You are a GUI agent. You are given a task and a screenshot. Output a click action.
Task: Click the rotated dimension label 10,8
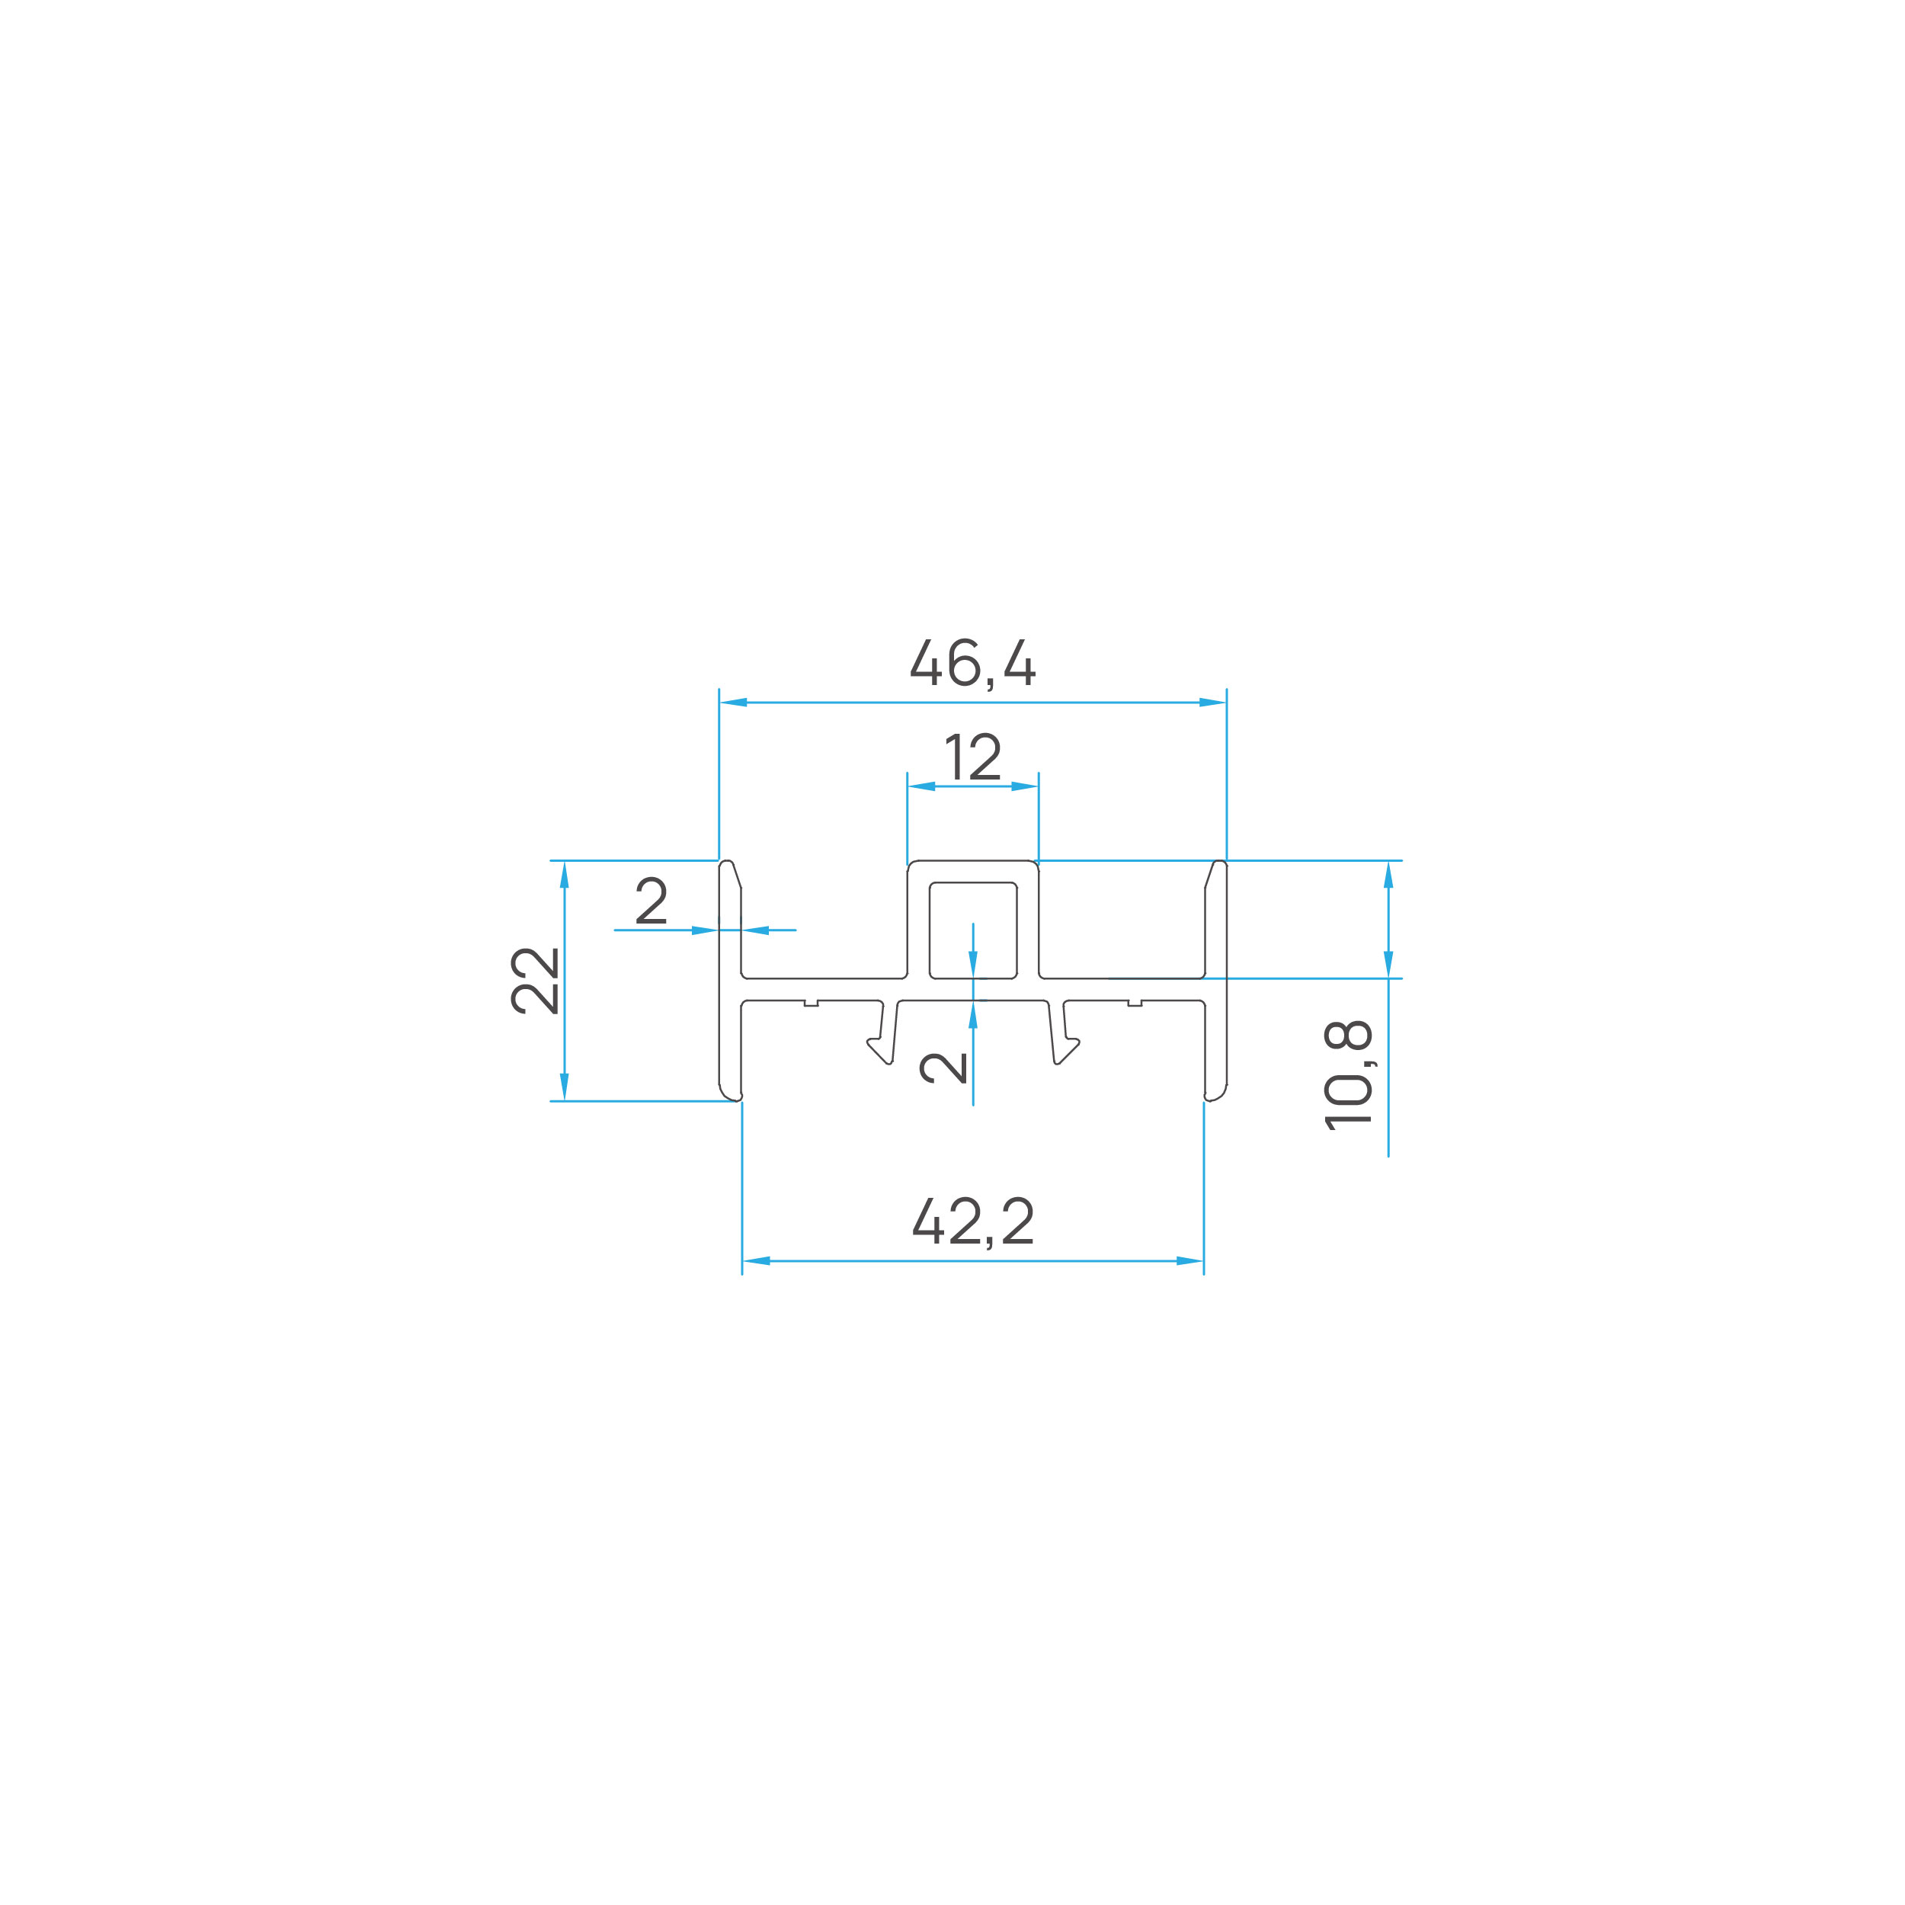(x=1348, y=1074)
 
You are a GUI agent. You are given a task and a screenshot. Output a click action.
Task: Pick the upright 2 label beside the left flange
(x=651, y=900)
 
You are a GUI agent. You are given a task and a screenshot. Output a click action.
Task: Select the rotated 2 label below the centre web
(x=943, y=1068)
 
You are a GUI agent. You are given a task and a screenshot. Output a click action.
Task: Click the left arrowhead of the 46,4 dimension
(x=734, y=702)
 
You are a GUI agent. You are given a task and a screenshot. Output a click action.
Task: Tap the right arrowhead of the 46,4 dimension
(x=1212, y=702)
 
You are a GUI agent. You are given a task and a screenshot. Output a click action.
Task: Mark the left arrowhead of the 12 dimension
(x=921, y=786)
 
